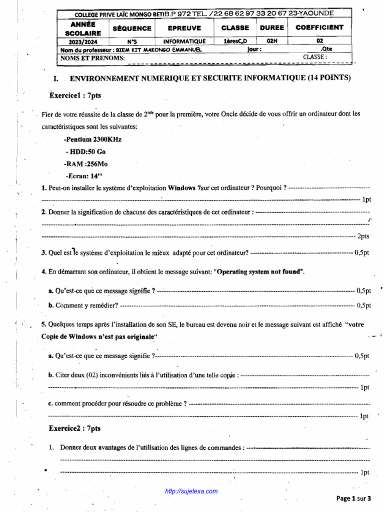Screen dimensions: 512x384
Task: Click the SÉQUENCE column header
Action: (x=132, y=28)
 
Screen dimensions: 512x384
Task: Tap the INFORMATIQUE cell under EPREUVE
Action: (x=184, y=41)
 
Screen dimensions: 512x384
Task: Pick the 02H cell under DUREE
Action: (x=272, y=41)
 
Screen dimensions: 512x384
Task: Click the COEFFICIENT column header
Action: (x=319, y=27)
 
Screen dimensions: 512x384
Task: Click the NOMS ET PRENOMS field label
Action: (x=92, y=58)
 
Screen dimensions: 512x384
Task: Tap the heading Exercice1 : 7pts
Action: (x=75, y=95)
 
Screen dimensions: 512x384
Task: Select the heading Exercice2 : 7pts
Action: (x=75, y=428)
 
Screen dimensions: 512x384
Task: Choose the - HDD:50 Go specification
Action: (x=85, y=151)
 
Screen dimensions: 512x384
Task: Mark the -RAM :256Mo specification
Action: (x=86, y=163)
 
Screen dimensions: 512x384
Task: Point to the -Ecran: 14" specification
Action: (x=83, y=175)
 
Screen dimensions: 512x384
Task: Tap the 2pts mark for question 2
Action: (x=363, y=236)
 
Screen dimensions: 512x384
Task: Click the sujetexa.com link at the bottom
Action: (x=191, y=491)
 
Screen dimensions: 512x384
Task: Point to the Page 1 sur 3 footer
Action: (x=354, y=498)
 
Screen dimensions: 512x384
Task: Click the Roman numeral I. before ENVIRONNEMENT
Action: (x=55, y=78)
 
